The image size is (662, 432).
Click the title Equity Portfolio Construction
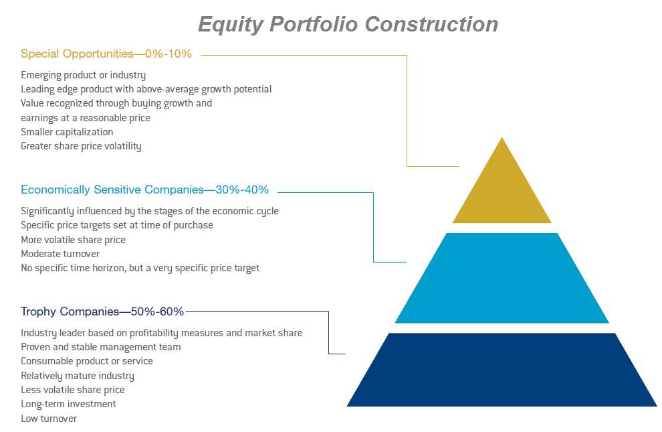(x=348, y=25)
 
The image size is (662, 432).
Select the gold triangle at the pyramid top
(x=502, y=190)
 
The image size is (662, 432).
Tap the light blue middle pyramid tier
(x=502, y=278)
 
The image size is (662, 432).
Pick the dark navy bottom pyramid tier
(x=502, y=370)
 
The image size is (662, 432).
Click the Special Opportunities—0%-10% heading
(x=106, y=54)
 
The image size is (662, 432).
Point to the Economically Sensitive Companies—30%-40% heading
(x=145, y=190)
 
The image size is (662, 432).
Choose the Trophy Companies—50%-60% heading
(x=102, y=311)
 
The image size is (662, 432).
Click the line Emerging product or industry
(x=83, y=75)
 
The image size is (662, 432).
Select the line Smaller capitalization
(x=67, y=132)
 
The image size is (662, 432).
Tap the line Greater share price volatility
(x=81, y=146)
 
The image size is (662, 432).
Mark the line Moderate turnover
(x=60, y=254)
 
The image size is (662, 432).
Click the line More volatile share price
(x=74, y=240)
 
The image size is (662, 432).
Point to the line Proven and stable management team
(x=101, y=347)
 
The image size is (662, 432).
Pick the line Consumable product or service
(x=87, y=361)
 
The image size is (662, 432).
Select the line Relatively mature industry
(x=78, y=376)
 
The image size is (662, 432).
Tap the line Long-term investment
(x=68, y=404)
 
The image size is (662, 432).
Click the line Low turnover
(x=49, y=419)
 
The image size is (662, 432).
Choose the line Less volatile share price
(x=73, y=390)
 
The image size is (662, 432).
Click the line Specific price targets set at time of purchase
(x=117, y=225)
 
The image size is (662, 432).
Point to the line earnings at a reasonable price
(x=86, y=118)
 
